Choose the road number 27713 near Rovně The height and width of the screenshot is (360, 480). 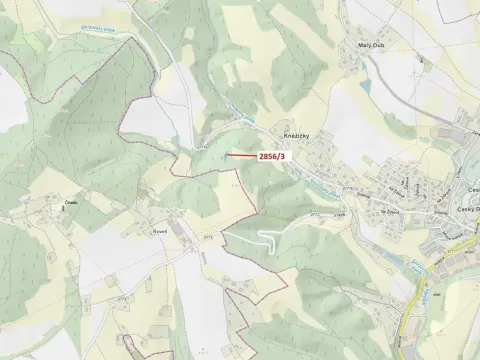[208, 236]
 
